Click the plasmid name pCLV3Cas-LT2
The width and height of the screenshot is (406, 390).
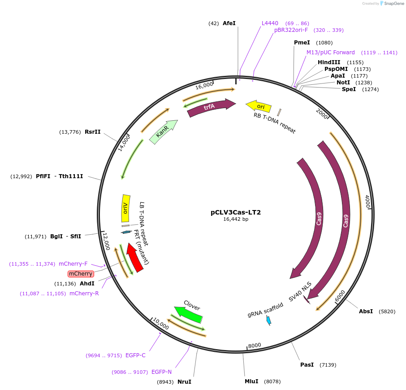[x=236, y=212]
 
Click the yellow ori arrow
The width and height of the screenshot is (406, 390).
[x=259, y=106]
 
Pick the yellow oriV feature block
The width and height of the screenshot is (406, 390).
[x=125, y=208]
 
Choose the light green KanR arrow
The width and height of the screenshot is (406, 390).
[x=163, y=132]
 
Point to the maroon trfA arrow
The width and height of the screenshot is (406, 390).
[x=211, y=108]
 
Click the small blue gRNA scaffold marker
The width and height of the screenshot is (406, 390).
[x=268, y=320]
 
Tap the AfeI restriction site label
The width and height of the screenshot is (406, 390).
[x=229, y=23]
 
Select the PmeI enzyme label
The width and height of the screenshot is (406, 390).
[x=302, y=43]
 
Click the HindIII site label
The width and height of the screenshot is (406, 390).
[x=329, y=62]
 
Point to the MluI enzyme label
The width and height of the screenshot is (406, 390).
[x=251, y=381]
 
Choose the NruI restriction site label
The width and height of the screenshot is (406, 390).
[x=184, y=382]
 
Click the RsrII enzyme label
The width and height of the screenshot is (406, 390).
[x=93, y=132]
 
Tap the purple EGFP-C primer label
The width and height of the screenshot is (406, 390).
[x=135, y=355]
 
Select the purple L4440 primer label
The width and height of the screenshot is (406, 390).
[x=270, y=23]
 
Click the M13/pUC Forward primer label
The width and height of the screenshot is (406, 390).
[x=331, y=53]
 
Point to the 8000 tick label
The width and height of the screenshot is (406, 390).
[x=254, y=345]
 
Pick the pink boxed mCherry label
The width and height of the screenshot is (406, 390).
[x=81, y=274]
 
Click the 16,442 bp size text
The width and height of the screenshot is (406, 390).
[x=236, y=219]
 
